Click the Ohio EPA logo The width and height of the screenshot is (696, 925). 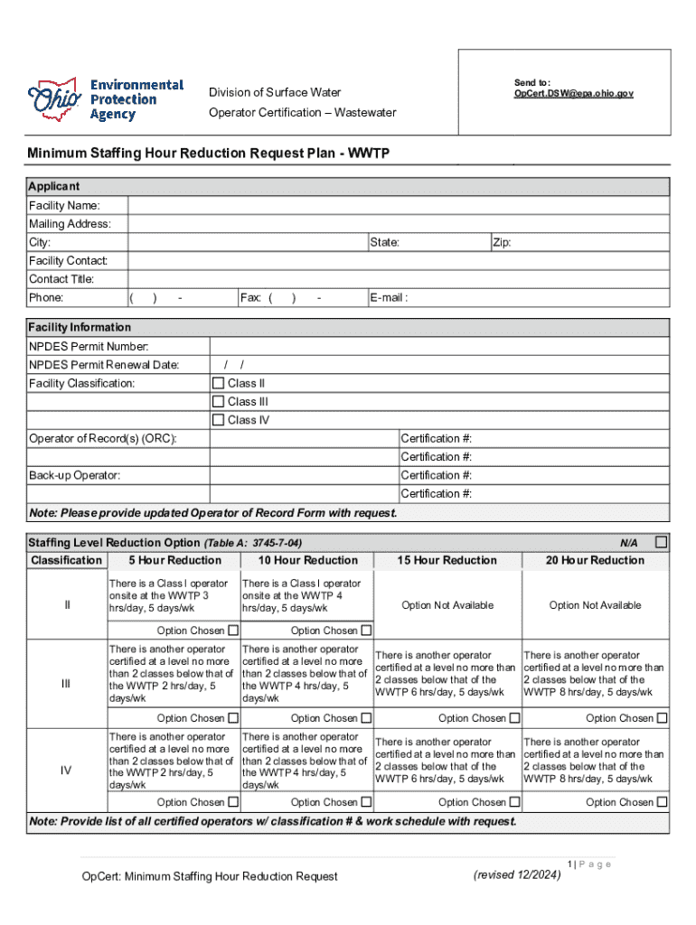pos(106,99)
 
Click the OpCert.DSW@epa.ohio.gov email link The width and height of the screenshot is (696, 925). pos(573,93)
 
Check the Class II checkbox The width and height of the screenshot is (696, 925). pos(218,383)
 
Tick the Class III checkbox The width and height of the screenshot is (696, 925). pos(218,401)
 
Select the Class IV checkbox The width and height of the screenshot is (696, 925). pos(218,420)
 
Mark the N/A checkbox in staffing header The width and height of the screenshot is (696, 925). pos(661,542)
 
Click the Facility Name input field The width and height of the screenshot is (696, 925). pos(398,206)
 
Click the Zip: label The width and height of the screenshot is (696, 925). pos(502,243)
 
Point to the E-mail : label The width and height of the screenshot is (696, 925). pos(388,298)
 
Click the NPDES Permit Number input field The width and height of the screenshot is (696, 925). pos(439,347)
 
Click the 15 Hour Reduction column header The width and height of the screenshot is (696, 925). pos(447,560)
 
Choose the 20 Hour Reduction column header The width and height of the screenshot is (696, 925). pos(595,560)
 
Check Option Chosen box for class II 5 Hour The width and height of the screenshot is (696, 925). pos(233,631)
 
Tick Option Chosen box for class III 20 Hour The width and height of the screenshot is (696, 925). pos(662,718)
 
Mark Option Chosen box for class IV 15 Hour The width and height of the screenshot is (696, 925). pos(514,802)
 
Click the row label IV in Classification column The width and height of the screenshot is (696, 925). pos(66,771)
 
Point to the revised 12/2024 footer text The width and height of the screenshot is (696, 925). pos(517,874)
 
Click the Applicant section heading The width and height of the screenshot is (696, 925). pos(54,186)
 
